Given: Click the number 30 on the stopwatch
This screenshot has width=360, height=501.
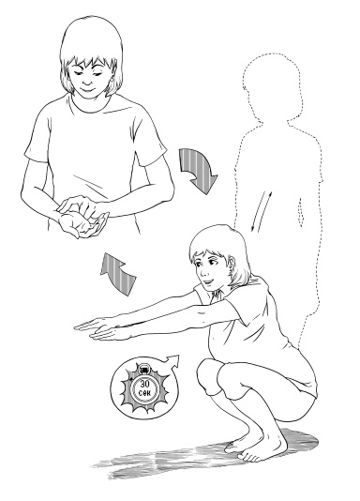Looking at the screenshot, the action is (145, 384).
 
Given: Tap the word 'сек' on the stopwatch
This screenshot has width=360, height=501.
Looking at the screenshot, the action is (145, 393).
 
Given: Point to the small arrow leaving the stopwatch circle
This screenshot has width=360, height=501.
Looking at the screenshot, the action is (171, 359).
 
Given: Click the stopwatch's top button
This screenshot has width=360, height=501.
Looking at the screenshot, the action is (144, 370).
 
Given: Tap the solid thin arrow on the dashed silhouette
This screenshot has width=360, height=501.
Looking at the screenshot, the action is (262, 211).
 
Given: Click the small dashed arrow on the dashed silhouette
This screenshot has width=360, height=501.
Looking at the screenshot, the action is (300, 212).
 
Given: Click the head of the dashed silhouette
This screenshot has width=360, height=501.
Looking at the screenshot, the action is (272, 86).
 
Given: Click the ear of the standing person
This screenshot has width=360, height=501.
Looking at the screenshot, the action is (112, 77).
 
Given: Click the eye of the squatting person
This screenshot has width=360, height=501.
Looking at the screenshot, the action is (210, 262).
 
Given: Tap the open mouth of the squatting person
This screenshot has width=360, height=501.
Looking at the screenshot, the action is (208, 281).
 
